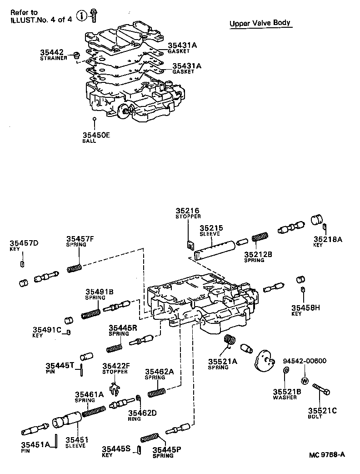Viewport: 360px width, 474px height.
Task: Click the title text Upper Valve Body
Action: coord(260,23)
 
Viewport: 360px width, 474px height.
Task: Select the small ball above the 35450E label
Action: coord(94,119)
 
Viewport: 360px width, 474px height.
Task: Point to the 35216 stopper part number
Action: coord(188,211)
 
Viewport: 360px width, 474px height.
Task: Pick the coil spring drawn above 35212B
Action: coord(260,237)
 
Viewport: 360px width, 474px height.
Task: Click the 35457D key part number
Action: coord(25,243)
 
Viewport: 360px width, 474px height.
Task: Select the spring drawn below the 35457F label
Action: coord(74,268)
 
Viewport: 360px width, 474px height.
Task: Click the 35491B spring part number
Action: coord(100,292)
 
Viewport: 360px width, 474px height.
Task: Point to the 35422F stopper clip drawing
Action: coord(117,388)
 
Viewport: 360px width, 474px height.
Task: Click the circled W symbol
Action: coord(304,380)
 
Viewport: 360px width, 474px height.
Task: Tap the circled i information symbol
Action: coord(81,16)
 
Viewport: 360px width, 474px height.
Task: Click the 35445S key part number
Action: coord(116,449)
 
